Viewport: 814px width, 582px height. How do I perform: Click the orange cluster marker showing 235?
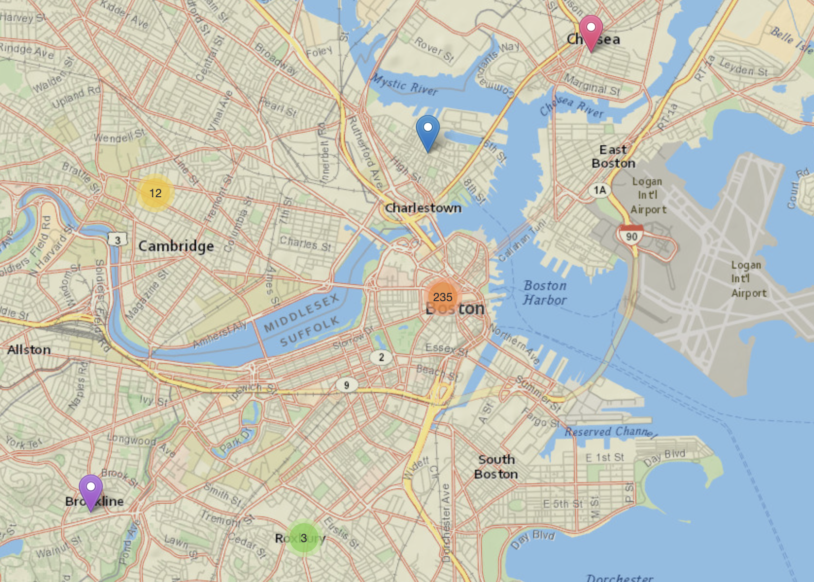click(442, 297)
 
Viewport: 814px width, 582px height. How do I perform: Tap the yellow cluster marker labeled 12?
click(155, 193)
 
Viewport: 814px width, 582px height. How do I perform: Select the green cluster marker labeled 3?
click(304, 538)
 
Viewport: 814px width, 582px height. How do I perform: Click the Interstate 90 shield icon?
click(631, 235)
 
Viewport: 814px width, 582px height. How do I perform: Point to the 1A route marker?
click(600, 190)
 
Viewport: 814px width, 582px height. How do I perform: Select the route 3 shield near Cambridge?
click(118, 240)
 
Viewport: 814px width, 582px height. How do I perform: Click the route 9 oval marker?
click(347, 385)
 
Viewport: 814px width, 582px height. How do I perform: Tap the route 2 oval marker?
click(381, 358)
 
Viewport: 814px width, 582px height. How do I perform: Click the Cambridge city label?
click(176, 246)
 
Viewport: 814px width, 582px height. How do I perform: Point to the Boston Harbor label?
click(545, 293)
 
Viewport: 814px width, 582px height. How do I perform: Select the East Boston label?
click(613, 156)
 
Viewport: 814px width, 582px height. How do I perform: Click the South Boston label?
click(496, 466)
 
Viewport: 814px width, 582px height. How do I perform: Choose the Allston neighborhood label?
click(29, 350)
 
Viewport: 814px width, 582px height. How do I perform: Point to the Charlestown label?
click(423, 208)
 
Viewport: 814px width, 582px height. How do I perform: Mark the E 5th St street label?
click(562, 504)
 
